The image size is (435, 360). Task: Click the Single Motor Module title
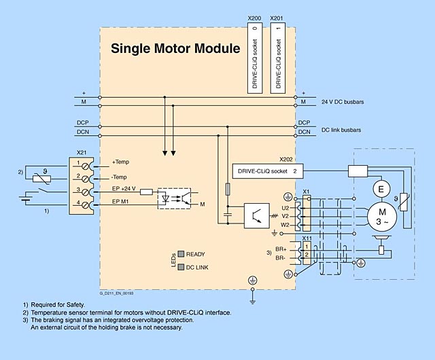pyautogui.click(x=175, y=49)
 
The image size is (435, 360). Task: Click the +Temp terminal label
pyautogui.click(x=120, y=163)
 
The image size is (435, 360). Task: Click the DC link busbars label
pyautogui.click(x=341, y=129)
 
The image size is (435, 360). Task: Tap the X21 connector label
pyautogui.click(x=82, y=154)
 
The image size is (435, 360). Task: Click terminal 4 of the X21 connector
pyautogui.click(x=79, y=202)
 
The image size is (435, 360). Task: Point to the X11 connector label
pyautogui.click(x=307, y=238)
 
